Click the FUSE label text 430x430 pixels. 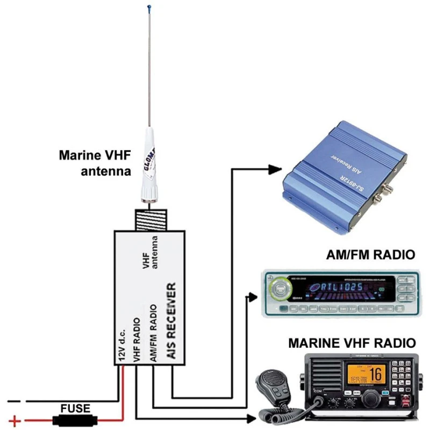point(75,408)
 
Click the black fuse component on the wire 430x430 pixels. point(75,420)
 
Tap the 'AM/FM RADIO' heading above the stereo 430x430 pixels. point(371,254)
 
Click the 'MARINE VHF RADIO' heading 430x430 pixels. point(352,342)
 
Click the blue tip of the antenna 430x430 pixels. point(148,8)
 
